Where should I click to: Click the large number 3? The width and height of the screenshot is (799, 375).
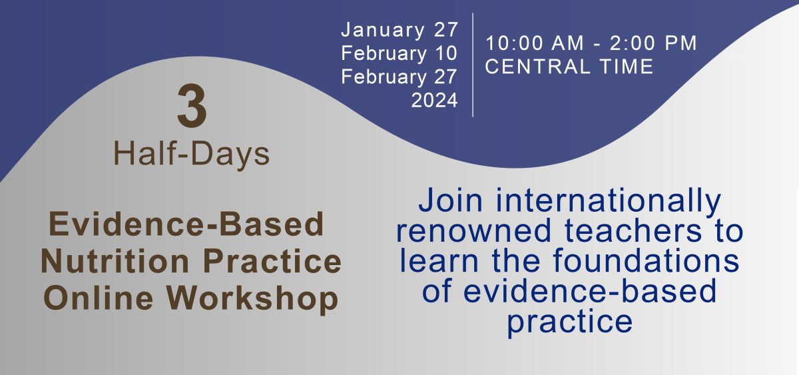192,106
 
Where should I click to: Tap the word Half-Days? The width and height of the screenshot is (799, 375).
192,154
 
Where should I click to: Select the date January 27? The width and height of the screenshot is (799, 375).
400,29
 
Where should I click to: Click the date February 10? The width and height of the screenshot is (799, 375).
399,54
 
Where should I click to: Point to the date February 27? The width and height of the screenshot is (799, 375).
399,77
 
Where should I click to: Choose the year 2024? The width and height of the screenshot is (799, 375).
434,100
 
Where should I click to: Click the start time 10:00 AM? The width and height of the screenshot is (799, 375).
535,43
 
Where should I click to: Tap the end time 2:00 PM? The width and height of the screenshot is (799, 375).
653,43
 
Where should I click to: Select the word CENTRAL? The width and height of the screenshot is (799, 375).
538,67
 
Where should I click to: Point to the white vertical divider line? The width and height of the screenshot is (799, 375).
473,65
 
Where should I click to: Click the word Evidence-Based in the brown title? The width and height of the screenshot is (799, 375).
186,224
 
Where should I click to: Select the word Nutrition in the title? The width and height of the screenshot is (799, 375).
115,261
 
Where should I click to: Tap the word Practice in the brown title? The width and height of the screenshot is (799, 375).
272,261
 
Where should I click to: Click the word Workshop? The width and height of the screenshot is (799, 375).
252,300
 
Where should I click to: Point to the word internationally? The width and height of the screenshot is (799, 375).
608,201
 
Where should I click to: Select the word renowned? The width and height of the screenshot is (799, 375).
473,231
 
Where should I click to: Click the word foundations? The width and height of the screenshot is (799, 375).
646,261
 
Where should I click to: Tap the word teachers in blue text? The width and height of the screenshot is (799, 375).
633,231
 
